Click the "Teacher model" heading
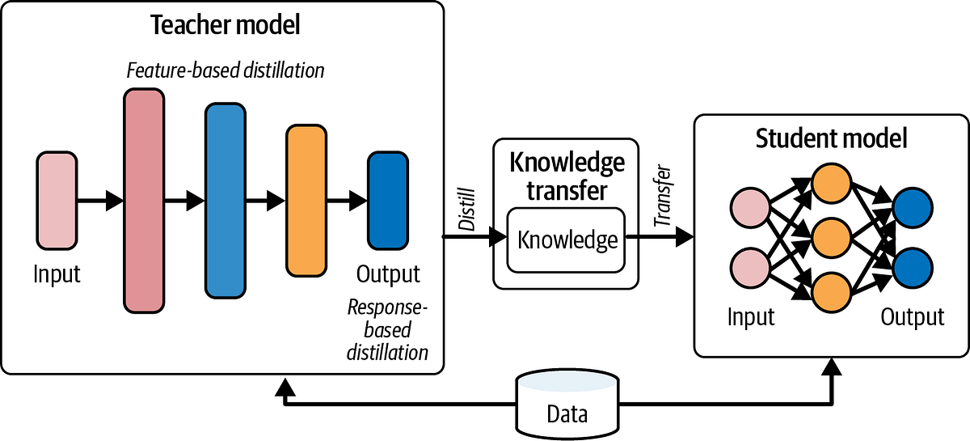click(226, 24)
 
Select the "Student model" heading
click(831, 138)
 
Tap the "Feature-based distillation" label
click(226, 70)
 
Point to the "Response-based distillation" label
click(387, 330)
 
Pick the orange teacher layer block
click(305, 201)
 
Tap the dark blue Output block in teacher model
click(388, 200)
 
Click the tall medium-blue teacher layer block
click(226, 200)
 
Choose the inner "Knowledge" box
click(567, 240)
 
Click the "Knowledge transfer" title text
click(567, 176)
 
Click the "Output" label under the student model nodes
click(913, 316)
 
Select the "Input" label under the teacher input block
click(57, 274)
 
